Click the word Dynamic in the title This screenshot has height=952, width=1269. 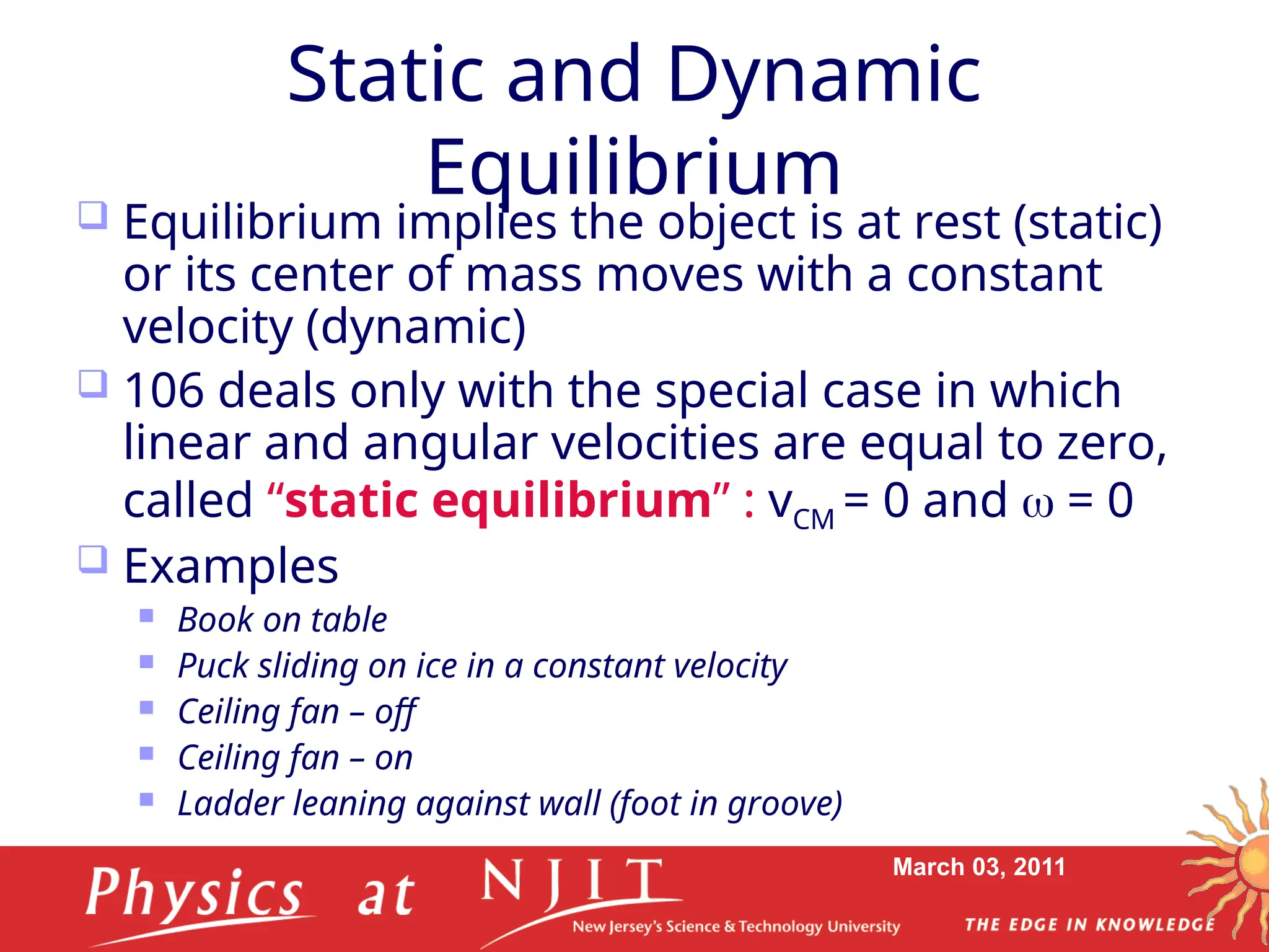[x=824, y=76]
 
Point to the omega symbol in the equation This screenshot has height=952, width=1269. [x=1037, y=503]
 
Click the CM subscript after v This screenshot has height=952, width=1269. [x=814, y=519]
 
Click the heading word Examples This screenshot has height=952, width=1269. [x=231, y=566]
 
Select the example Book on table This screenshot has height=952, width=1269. [x=282, y=619]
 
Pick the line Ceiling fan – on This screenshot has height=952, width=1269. [x=295, y=757]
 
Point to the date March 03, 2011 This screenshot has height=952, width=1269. [x=978, y=866]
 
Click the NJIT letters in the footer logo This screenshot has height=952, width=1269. [x=573, y=881]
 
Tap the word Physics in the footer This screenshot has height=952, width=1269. [x=194, y=893]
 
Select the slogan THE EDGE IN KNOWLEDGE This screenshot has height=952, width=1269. [x=1090, y=925]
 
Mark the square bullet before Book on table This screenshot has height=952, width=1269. [x=146, y=615]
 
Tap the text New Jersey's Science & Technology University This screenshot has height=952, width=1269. [x=735, y=927]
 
